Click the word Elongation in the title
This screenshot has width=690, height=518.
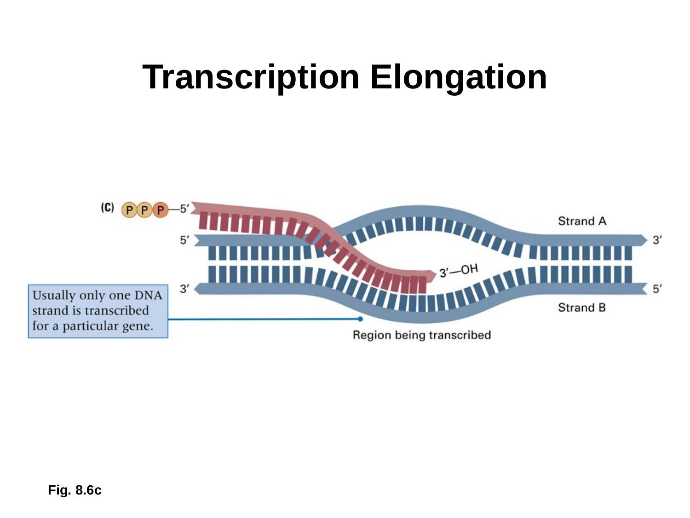[x=459, y=77]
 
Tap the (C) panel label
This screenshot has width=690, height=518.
[x=107, y=208]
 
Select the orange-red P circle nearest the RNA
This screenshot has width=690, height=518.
[x=160, y=210]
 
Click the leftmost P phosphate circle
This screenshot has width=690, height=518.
[x=130, y=210]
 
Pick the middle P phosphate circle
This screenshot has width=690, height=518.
[x=145, y=210]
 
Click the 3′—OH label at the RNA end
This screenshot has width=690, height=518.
[x=459, y=271]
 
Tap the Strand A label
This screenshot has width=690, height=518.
[x=582, y=221]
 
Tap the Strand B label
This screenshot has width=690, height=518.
[x=582, y=308]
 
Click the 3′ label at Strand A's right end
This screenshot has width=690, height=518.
[x=658, y=240]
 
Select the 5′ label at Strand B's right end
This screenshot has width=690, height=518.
[x=658, y=289]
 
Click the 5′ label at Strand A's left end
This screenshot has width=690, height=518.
[x=184, y=240]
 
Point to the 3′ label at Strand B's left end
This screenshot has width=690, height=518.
[x=184, y=289]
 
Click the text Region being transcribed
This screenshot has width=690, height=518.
[x=421, y=335]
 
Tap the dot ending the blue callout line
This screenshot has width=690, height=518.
[x=360, y=319]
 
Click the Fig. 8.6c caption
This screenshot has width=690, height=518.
[x=75, y=490]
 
